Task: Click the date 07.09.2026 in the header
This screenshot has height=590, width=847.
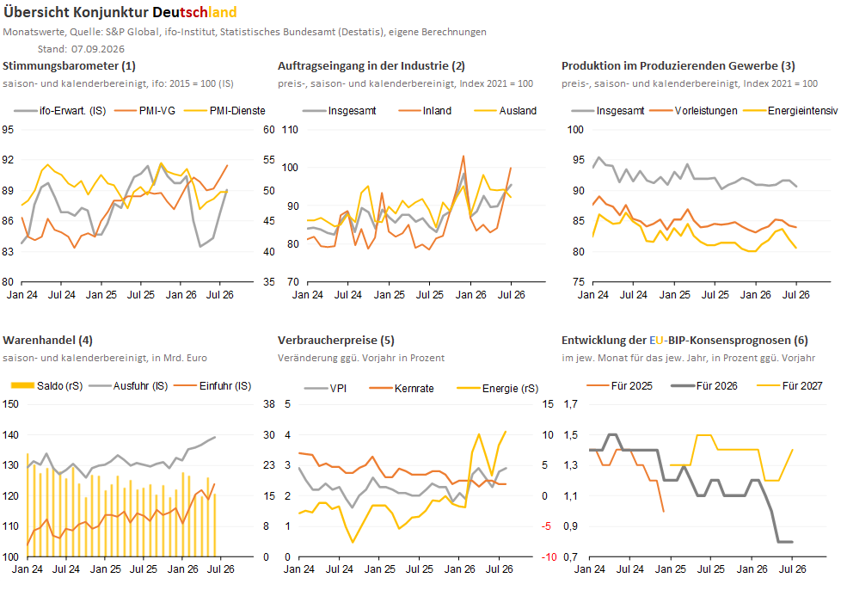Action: (x=98, y=49)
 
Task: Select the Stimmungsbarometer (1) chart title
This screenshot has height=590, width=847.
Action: (x=69, y=66)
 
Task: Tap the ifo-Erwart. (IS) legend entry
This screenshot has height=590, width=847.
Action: (x=60, y=111)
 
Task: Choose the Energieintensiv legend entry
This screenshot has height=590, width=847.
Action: (x=790, y=111)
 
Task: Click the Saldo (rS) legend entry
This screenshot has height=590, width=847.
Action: (x=46, y=386)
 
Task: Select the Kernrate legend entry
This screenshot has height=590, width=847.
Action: (x=402, y=389)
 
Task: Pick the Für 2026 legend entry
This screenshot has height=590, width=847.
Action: (x=704, y=386)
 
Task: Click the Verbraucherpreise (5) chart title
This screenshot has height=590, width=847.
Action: (x=336, y=341)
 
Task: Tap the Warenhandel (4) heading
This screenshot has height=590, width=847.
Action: (x=47, y=341)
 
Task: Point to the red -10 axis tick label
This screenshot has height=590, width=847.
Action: (x=549, y=557)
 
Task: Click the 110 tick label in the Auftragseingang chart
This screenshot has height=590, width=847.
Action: (x=290, y=130)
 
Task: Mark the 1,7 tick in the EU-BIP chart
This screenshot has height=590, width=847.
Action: (x=570, y=404)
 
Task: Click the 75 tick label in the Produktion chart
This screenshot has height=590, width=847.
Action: (x=579, y=282)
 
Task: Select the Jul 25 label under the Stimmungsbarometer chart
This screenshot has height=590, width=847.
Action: (x=141, y=295)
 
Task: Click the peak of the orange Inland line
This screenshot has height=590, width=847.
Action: (x=463, y=157)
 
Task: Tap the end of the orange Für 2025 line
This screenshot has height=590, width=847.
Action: (x=663, y=511)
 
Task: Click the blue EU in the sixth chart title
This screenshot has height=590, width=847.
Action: (x=656, y=341)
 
